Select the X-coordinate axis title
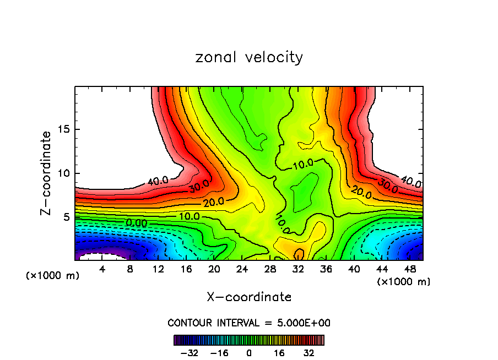pos(249,297)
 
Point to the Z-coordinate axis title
pos(47,172)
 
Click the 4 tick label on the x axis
pos(102,269)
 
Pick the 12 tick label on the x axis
pos(159,269)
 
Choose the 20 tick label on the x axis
pos(214,269)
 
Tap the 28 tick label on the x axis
pos(270,269)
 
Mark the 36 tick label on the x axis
pos(326,269)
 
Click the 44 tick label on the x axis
pos(382,269)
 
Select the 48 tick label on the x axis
pos(410,269)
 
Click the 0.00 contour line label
pos(136,223)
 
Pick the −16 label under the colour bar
pos(219,353)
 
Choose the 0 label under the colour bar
pos(249,353)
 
